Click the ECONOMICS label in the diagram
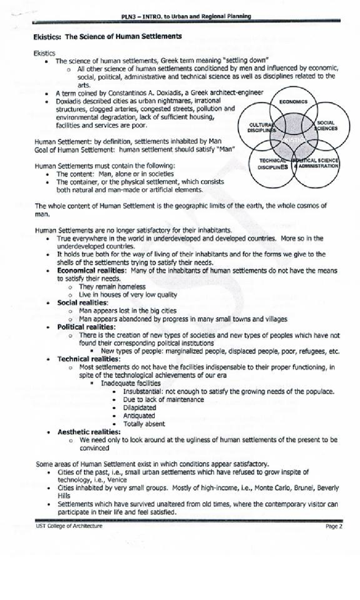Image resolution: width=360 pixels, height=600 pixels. pos(293,102)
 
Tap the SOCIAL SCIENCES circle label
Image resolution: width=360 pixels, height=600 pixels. pos(326,126)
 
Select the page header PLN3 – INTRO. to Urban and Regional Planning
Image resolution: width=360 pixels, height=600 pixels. pos(186,16)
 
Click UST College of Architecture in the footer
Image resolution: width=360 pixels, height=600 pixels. pos(69,526)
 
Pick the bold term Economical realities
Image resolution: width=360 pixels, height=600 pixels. pos(91,271)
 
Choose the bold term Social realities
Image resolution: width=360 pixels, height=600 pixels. pos(82,303)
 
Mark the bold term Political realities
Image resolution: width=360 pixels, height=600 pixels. pos(86,327)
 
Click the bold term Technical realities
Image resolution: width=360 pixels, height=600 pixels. pos(88,359)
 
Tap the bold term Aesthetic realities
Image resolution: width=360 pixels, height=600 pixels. pos(89,432)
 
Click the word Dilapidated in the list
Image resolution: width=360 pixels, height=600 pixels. pos(139,408)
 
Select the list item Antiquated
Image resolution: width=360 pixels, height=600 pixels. pos(139,416)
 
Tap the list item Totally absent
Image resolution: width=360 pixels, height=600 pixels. pos(144,424)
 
